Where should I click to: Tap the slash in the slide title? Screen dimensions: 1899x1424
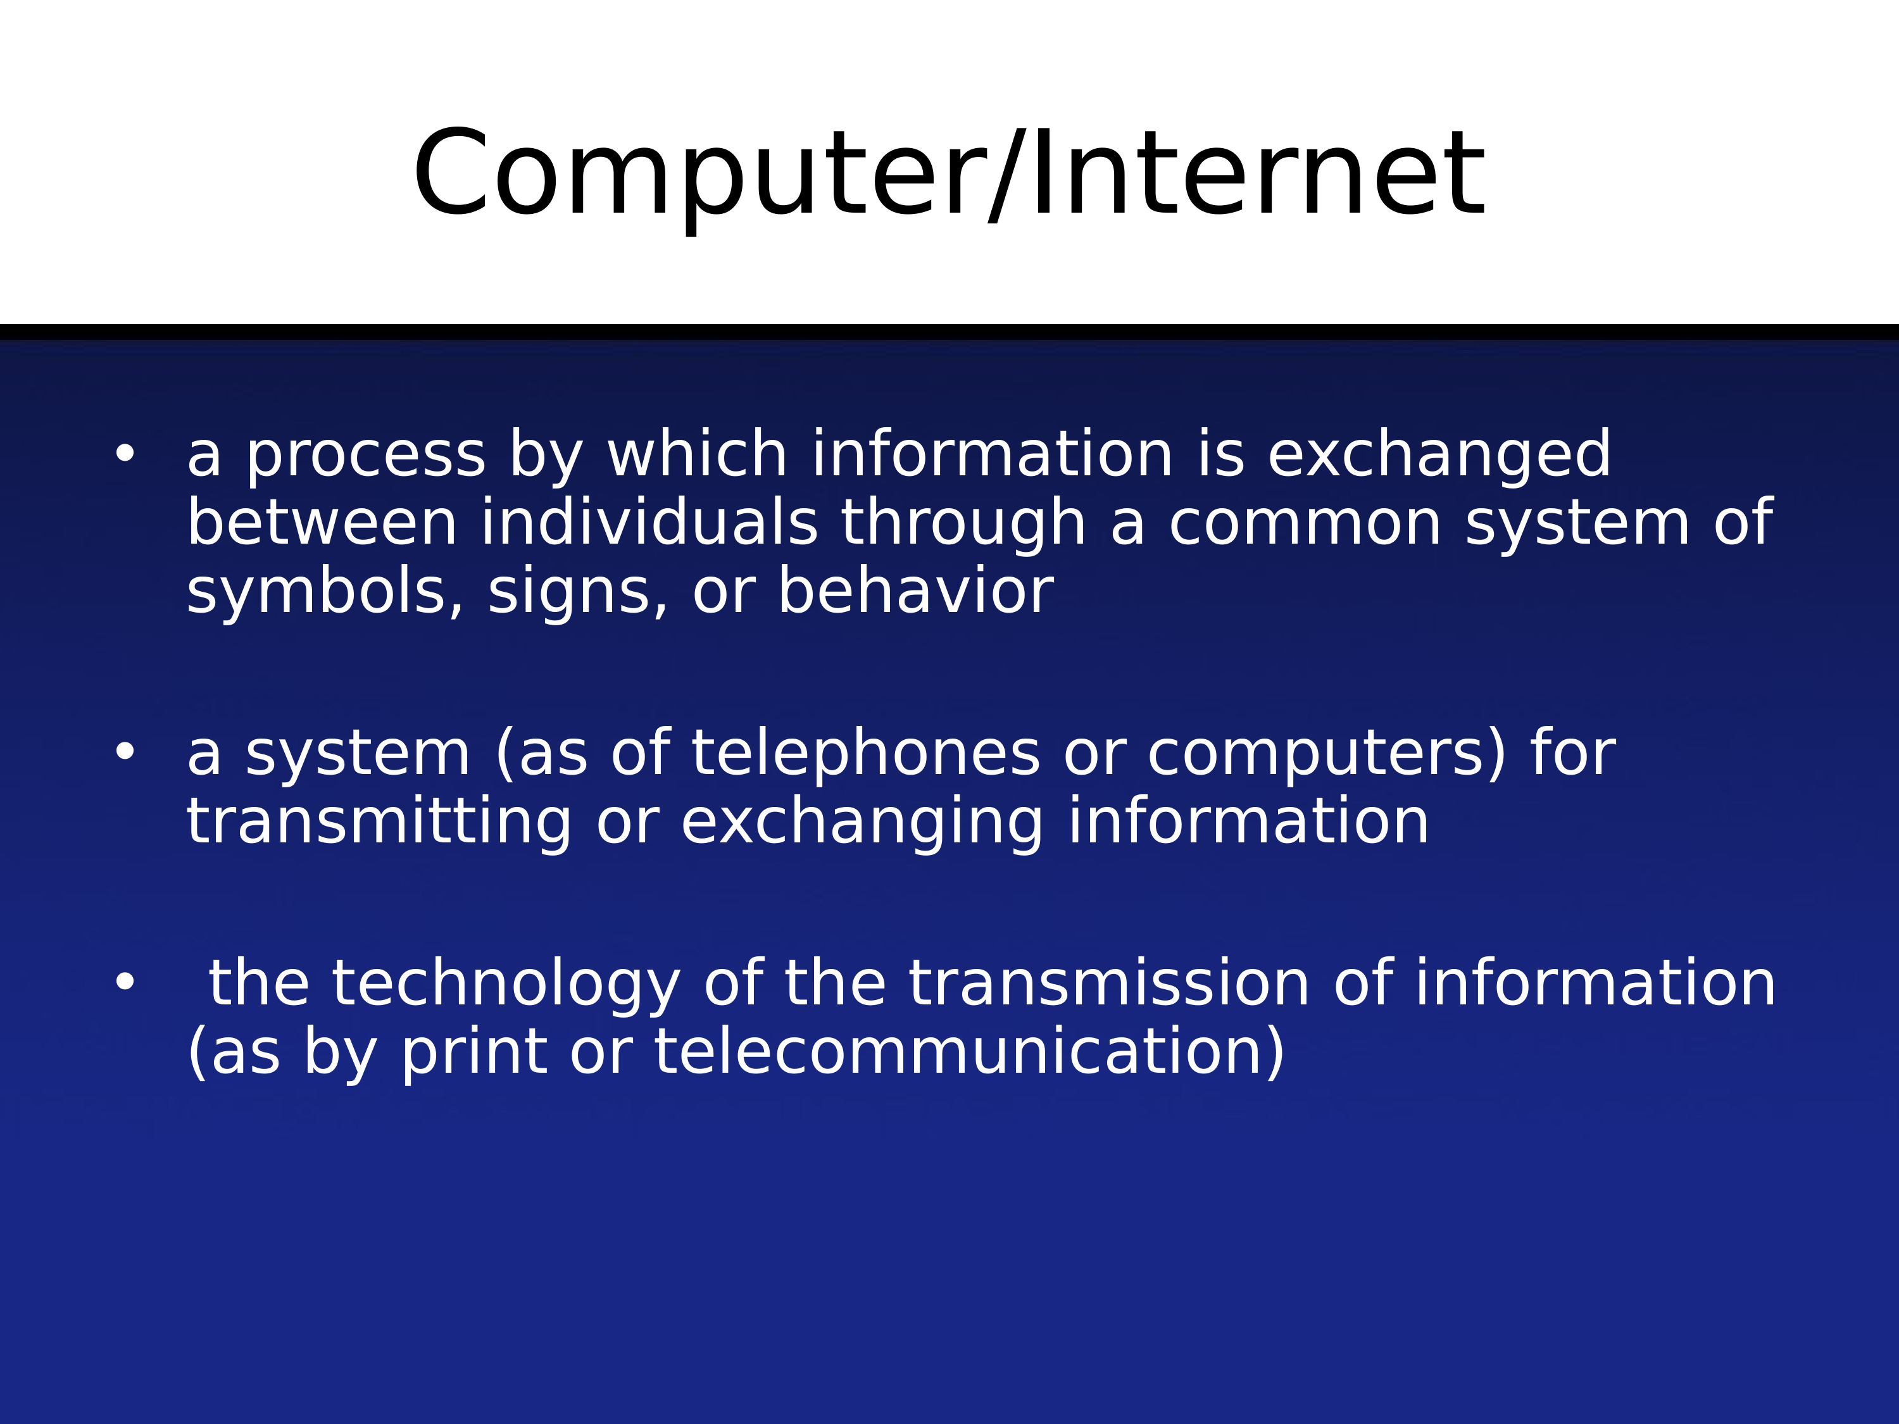coord(1006,176)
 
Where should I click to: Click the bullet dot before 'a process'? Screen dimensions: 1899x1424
coord(125,453)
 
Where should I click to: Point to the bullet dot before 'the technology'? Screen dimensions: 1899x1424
coord(125,981)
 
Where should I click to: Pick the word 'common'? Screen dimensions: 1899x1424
coord(1305,525)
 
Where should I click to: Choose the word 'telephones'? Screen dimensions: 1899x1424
coord(866,754)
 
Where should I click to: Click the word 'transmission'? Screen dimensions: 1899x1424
coord(1109,982)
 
